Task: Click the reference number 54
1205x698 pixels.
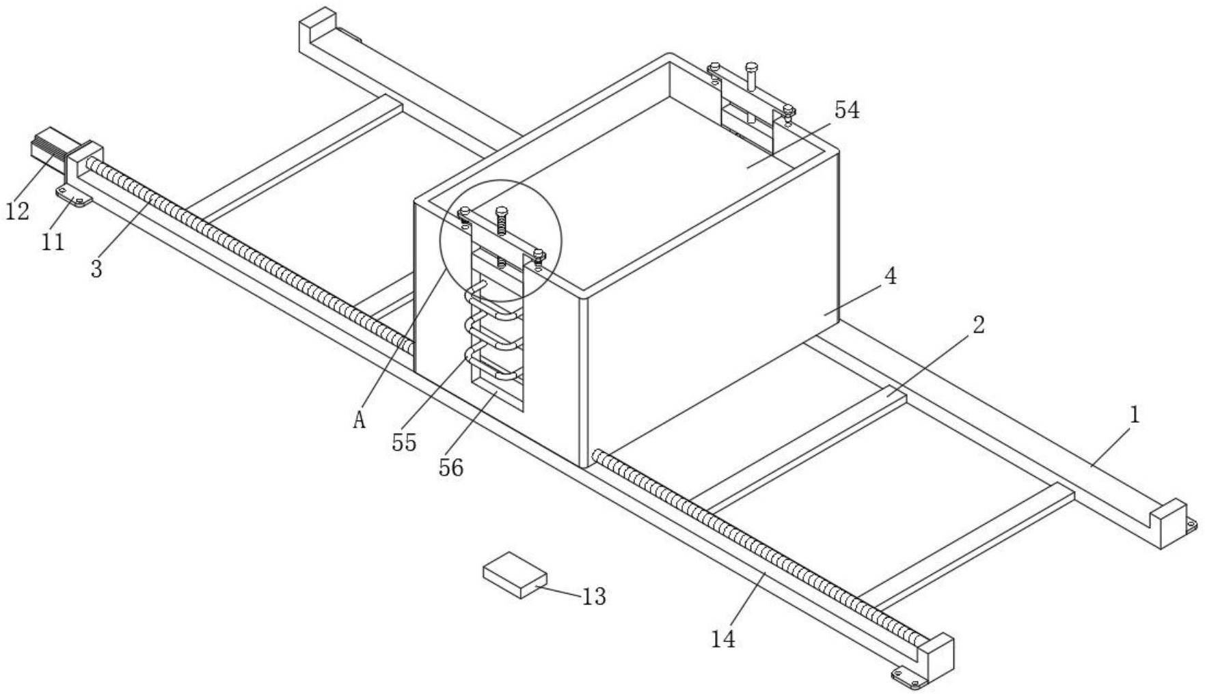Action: click(846, 110)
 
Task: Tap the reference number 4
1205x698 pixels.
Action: click(890, 277)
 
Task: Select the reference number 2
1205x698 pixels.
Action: click(978, 325)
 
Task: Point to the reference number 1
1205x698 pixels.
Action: click(1135, 415)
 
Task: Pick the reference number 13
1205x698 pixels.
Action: click(594, 597)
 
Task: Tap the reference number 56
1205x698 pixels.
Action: click(451, 468)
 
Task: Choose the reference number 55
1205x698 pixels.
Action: click(404, 443)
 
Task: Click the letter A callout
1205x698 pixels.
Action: click(360, 421)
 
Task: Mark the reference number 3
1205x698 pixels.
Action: click(96, 269)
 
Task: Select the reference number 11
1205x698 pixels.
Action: click(53, 241)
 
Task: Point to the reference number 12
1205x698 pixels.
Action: click(18, 212)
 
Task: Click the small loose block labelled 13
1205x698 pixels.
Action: click(515, 575)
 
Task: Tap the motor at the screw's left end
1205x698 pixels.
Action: click(49, 150)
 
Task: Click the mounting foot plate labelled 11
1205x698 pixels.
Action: click(73, 198)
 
